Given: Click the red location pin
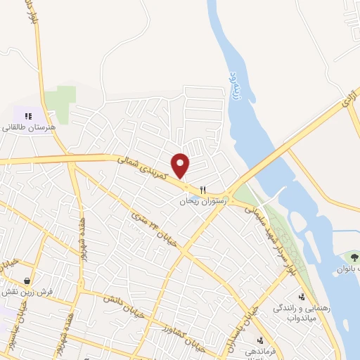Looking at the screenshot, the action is click(x=181, y=165).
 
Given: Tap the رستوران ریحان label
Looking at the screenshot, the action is click(x=204, y=201).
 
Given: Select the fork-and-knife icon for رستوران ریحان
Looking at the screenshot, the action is click(x=203, y=189).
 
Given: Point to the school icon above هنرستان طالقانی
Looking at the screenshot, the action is click(x=28, y=115).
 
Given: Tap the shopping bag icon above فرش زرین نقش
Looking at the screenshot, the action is click(x=27, y=279).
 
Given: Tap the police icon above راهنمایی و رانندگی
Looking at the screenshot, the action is click(x=302, y=297).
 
